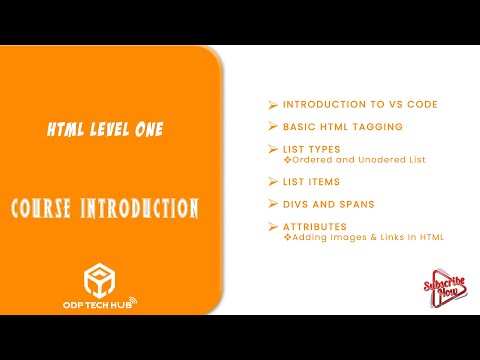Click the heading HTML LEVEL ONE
(x=105, y=129)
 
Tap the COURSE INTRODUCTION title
(x=105, y=209)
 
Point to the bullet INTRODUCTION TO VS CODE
(x=360, y=104)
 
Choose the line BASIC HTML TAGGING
(x=343, y=126)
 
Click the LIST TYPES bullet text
(x=311, y=149)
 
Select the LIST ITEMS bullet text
(x=311, y=182)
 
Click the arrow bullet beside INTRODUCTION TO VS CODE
(x=272, y=104)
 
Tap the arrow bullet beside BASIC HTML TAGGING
(x=272, y=126)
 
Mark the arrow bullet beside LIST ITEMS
(x=272, y=182)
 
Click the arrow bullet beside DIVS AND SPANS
(x=272, y=204)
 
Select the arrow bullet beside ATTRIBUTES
(x=272, y=227)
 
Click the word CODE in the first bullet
(x=422, y=104)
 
